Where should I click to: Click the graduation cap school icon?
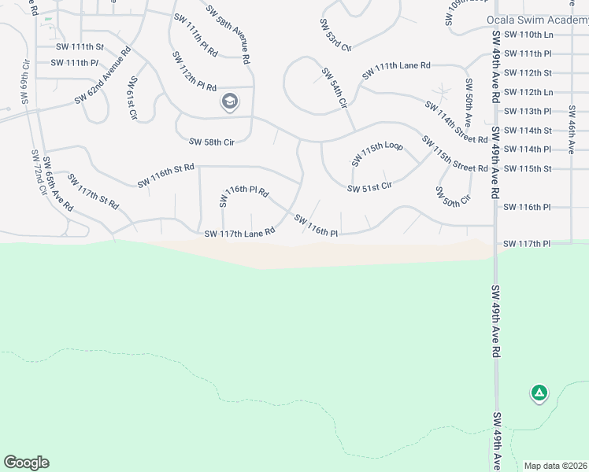click(x=230, y=101)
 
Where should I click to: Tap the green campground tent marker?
click(x=539, y=393)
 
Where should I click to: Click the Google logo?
click(x=26, y=463)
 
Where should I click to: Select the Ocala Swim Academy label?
click(x=537, y=20)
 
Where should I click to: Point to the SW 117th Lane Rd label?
click(x=239, y=233)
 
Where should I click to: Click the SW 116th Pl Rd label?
click(x=246, y=191)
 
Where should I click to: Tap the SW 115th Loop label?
click(x=377, y=154)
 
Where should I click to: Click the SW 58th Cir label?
click(x=212, y=142)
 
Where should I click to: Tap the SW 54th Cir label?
click(x=335, y=87)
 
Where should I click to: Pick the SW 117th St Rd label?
click(x=93, y=191)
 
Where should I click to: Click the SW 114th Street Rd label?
click(x=456, y=123)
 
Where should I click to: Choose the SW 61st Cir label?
click(x=132, y=98)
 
